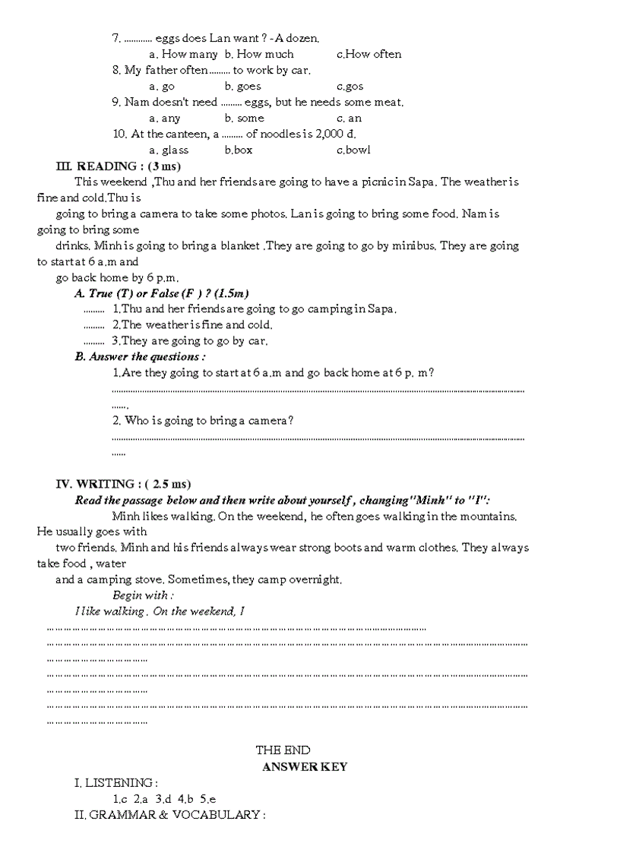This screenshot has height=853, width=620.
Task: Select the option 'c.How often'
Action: click(x=369, y=54)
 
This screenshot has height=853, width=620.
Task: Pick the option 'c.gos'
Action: click(x=350, y=86)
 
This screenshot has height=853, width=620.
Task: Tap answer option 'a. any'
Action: click(x=165, y=118)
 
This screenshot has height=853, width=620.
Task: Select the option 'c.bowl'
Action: click(x=353, y=150)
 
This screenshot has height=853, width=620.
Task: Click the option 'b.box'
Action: click(x=239, y=150)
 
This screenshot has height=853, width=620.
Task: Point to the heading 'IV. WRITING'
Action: click(x=96, y=484)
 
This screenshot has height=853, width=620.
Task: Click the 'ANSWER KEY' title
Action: click(x=305, y=766)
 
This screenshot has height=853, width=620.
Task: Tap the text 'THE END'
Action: click(x=283, y=750)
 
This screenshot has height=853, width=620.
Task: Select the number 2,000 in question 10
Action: click(x=325, y=134)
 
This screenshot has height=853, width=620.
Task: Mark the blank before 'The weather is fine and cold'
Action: click(x=93, y=326)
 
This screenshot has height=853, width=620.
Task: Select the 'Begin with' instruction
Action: click(x=142, y=596)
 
